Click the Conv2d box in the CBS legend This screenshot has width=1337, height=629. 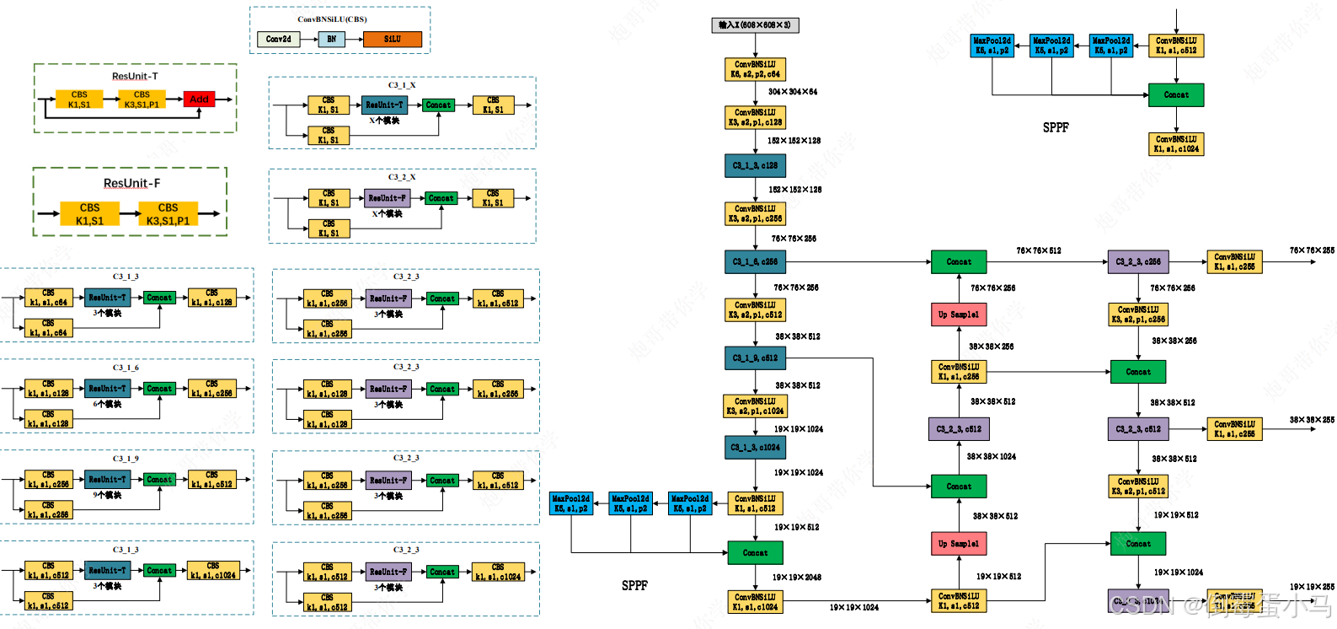point(279,39)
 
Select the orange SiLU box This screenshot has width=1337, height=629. point(393,39)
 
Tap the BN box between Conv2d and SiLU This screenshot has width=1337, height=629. point(332,39)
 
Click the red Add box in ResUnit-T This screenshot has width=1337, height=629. point(199,99)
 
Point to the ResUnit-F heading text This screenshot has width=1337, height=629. point(131,183)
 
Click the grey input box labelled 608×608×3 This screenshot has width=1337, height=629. point(755,25)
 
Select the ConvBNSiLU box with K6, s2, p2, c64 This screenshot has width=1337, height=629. point(755,69)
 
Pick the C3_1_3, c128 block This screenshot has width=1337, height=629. point(755,165)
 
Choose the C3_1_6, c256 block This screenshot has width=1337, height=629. point(755,262)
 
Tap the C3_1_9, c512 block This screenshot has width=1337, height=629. point(755,358)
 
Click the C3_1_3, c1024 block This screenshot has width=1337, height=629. point(755,448)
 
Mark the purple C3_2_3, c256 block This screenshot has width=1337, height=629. point(1138,262)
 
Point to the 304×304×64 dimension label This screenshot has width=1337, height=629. point(793,92)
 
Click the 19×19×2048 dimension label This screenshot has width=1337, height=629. point(797,578)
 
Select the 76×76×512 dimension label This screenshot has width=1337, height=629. point(1039,250)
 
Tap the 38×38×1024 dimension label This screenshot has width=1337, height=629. point(992,457)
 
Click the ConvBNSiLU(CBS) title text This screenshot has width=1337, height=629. point(332,19)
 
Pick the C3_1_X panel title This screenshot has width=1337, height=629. point(402,85)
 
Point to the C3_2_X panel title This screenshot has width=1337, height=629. point(402,177)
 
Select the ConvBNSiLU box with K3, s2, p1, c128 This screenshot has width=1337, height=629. point(755,117)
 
